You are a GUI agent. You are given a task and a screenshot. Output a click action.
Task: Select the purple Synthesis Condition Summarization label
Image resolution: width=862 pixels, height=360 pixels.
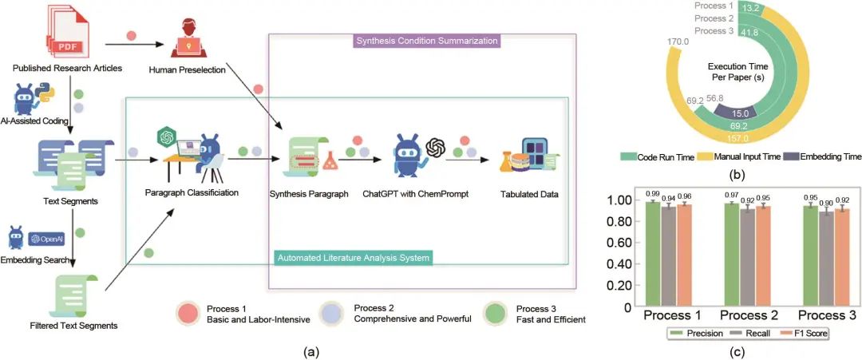426,40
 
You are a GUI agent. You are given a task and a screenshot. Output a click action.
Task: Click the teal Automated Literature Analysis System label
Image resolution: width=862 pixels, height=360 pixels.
353,258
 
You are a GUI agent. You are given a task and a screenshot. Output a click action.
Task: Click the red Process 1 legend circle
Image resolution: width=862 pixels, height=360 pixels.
189,314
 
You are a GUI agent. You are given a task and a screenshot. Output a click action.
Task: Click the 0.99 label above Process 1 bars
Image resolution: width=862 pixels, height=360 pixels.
652,195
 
